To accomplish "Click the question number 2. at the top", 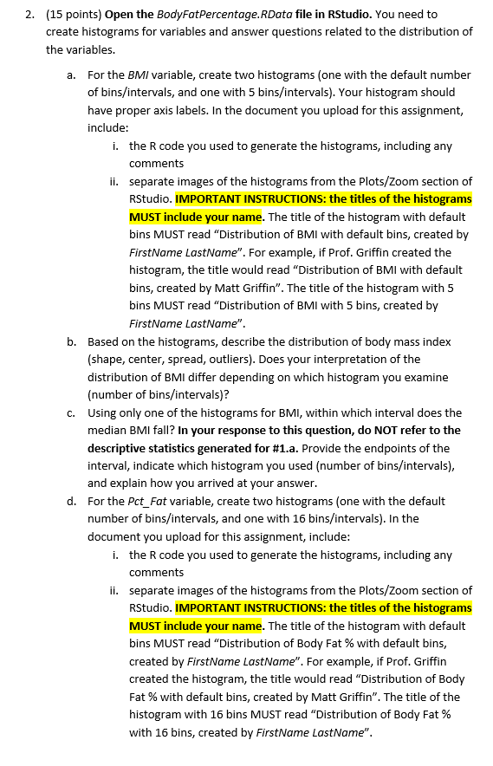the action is pyautogui.click(x=29, y=14).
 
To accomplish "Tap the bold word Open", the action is pyautogui.click(x=119, y=14).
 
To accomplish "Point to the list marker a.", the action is pyautogui.click(x=72, y=75).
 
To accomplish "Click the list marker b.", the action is pyautogui.click(x=72, y=341).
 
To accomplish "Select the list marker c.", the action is pyautogui.click(x=72, y=412).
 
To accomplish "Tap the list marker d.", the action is pyautogui.click(x=72, y=501).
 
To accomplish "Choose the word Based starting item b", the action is pyautogui.click(x=103, y=341).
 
